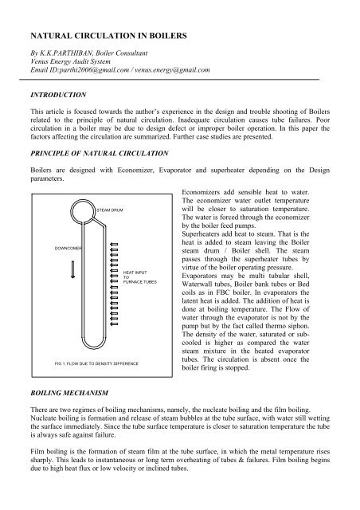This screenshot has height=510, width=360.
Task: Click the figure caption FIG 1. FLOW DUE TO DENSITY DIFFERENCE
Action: coord(92,363)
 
